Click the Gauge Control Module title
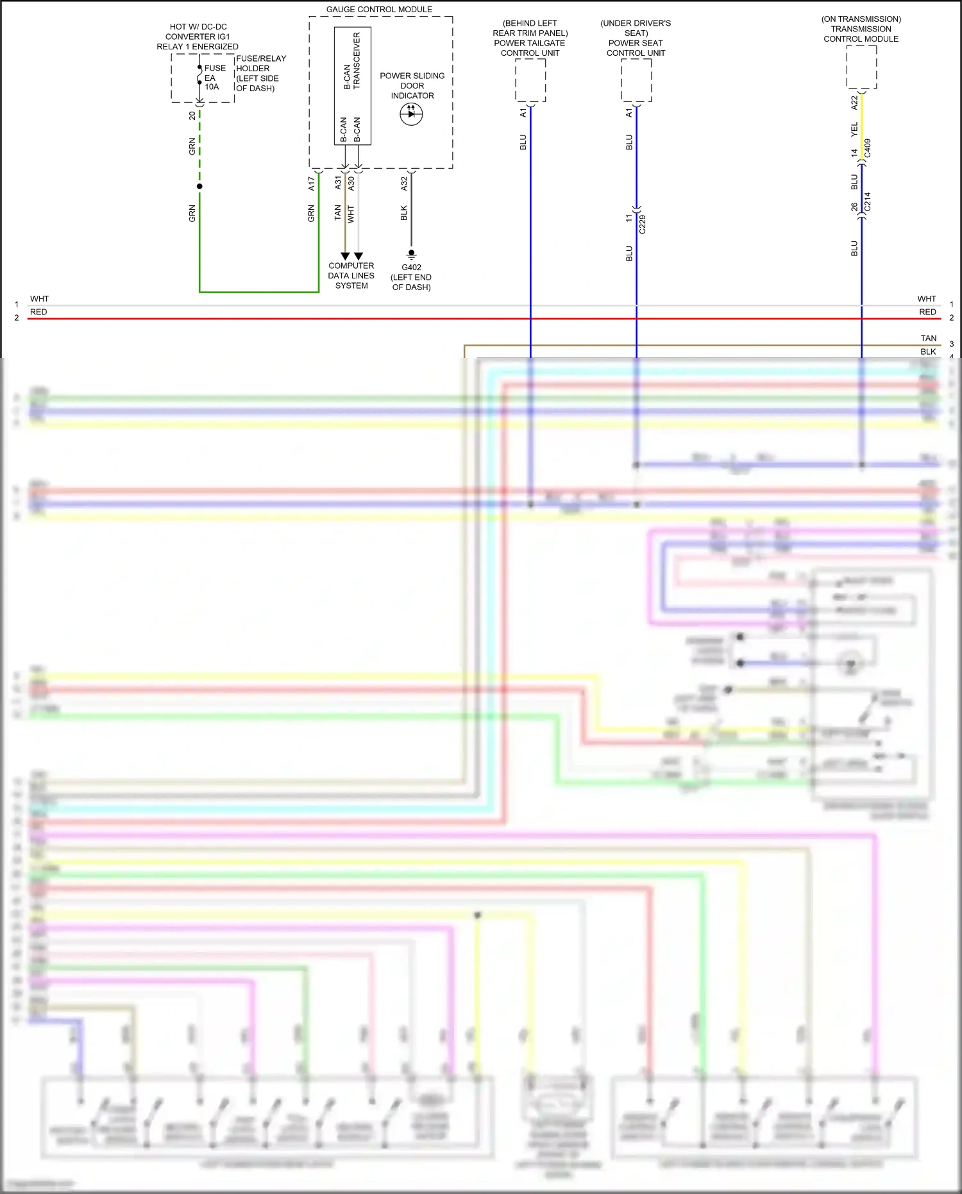click(379, 10)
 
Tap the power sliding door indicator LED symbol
click(411, 114)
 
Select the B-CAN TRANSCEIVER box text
click(352, 61)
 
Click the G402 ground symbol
click(412, 254)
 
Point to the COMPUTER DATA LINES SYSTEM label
click(351, 276)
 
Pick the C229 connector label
click(643, 224)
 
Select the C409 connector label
click(868, 148)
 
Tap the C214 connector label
click(868, 201)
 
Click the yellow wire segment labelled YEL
click(861, 128)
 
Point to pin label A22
click(854, 103)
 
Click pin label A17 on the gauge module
click(312, 183)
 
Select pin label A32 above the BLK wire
click(404, 183)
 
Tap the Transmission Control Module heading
click(861, 29)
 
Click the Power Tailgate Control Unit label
click(530, 38)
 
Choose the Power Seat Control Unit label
click(636, 38)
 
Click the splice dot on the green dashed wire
click(199, 186)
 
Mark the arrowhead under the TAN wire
click(345, 256)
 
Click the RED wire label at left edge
click(38, 312)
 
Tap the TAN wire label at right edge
click(928, 338)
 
